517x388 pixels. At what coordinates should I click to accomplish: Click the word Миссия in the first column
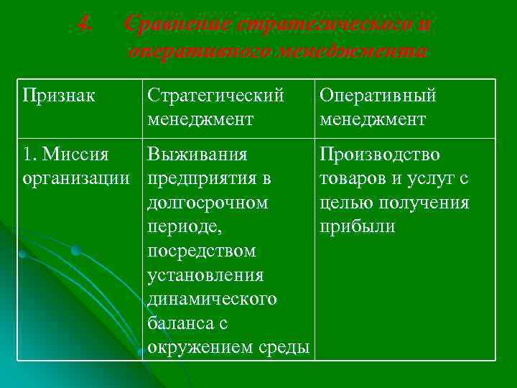75,155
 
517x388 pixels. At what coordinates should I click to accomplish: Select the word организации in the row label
76,179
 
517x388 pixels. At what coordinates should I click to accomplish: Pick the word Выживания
197,155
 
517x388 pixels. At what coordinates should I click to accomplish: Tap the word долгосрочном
208,203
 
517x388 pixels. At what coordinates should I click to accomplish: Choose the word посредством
201,251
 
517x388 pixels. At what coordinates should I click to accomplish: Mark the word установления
205,275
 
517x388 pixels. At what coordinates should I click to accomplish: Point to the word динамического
211,300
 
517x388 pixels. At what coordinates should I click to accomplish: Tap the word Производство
380,155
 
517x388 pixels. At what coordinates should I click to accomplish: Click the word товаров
353,179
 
